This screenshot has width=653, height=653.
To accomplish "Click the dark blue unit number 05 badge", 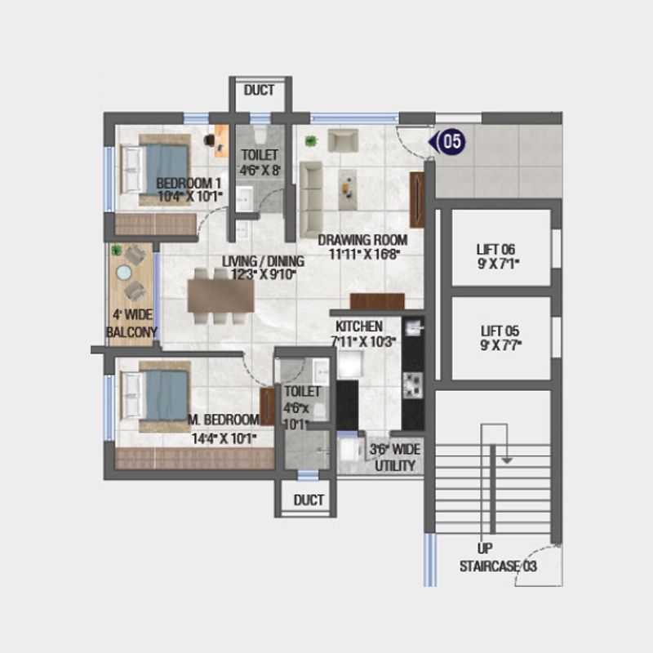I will (451, 141).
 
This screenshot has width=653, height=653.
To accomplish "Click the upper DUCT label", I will (260, 91).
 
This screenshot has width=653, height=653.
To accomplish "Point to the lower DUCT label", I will (308, 500).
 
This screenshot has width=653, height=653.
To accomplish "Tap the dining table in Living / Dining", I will (221, 296).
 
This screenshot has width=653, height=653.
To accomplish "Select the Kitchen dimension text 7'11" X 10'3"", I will (363, 342).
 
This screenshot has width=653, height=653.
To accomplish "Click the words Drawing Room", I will (362, 240).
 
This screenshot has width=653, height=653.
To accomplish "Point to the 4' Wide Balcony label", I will (131, 323).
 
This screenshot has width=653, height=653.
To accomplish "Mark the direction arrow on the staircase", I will (506, 460).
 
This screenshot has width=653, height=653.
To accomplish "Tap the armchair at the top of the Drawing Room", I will (344, 140).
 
